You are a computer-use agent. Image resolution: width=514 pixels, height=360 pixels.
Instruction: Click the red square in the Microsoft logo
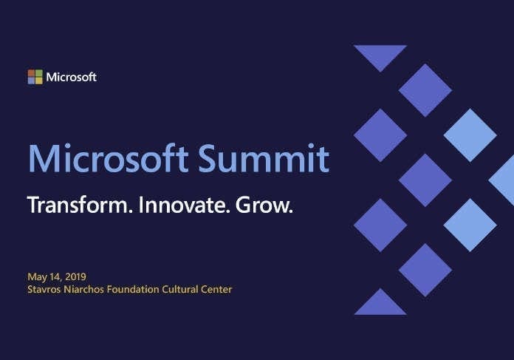point(31,73)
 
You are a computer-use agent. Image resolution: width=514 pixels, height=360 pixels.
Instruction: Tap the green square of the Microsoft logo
point(38,73)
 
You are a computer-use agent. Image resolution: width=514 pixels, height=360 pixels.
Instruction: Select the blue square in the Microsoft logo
point(31,81)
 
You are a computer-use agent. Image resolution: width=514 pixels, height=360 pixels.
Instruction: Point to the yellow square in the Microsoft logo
point(38,81)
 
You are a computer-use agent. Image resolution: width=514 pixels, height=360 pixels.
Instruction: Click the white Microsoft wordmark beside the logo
point(71,77)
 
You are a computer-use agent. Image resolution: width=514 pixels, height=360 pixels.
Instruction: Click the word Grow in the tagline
point(264,205)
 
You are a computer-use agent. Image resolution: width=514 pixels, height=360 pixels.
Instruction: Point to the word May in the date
point(36,276)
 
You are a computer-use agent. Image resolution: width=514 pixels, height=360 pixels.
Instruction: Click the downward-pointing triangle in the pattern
point(380,55)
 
